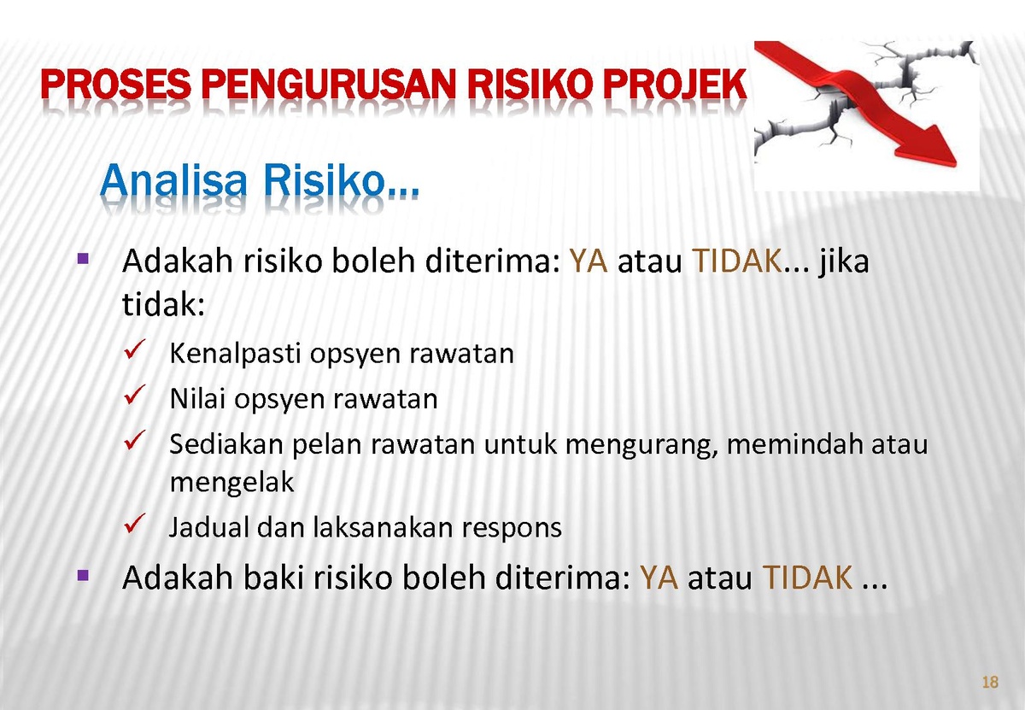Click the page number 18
pyautogui.click(x=990, y=682)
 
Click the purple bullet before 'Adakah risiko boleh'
pyautogui.click(x=83, y=259)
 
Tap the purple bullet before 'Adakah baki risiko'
pyautogui.click(x=83, y=575)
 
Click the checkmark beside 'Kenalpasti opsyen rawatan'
pyautogui.click(x=135, y=349)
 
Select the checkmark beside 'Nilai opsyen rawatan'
pyautogui.click(x=135, y=395)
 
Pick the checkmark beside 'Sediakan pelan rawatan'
pyautogui.click(x=135, y=440)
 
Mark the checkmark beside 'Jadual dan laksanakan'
pyautogui.click(x=135, y=523)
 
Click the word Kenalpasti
pyautogui.click(x=235, y=354)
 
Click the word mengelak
pyautogui.click(x=231, y=483)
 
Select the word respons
pyautogui.click(x=512, y=528)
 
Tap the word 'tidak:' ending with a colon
pyautogui.click(x=163, y=303)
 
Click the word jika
pyautogui.click(x=843, y=261)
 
